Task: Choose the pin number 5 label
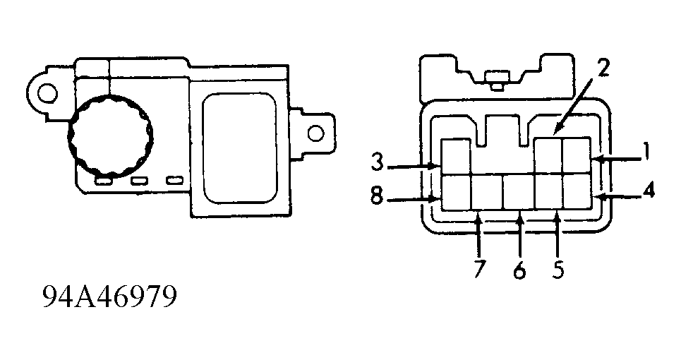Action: point(558,269)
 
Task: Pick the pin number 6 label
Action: point(519,270)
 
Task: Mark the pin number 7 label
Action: point(480,269)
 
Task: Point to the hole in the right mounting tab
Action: point(315,132)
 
